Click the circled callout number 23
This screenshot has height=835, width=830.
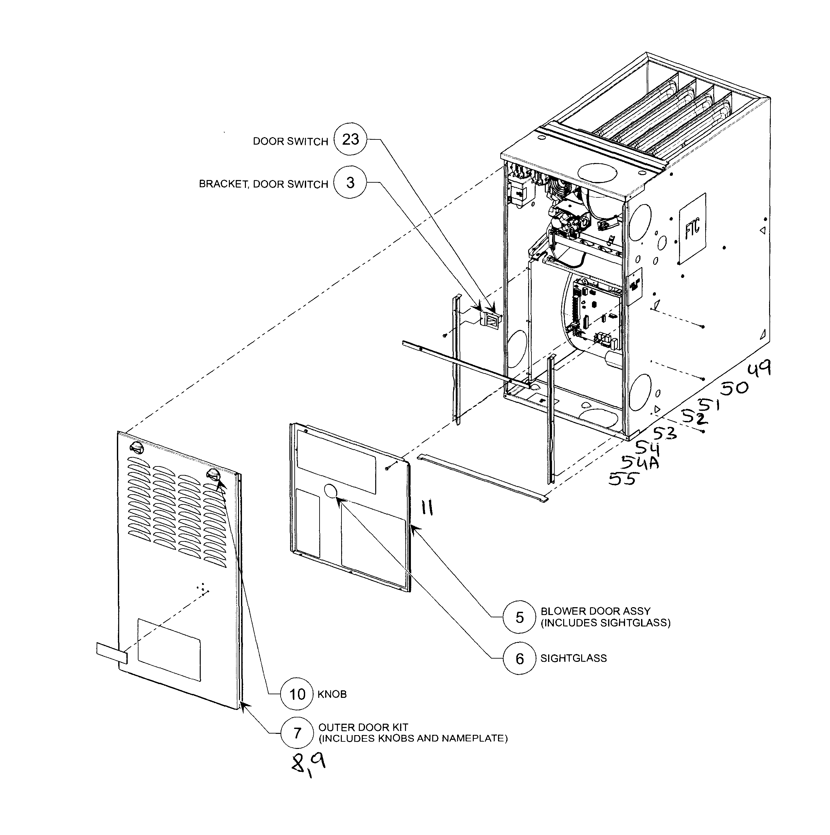tap(350, 139)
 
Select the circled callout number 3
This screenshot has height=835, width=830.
tap(350, 182)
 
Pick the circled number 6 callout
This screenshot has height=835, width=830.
tap(519, 659)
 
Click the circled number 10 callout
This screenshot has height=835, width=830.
tap(297, 694)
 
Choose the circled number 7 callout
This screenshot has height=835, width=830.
tap(297, 733)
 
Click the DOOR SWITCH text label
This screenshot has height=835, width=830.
tap(290, 142)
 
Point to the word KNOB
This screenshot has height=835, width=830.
tap(332, 695)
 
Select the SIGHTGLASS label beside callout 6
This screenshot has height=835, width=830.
tap(573, 659)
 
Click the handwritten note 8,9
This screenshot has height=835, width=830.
tap(308, 774)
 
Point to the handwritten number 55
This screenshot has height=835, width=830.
tap(623, 479)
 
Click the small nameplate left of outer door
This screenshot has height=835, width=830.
tap(112, 653)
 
